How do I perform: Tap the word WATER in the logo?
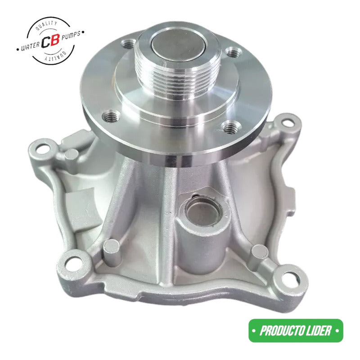pyautogui.click(x=30, y=46)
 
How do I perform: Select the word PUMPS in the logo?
pyautogui.click(x=71, y=35)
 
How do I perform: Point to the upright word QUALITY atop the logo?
pyautogui.click(x=47, y=25)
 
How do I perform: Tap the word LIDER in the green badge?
pyautogui.click(x=319, y=331)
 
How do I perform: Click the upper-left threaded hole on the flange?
pyautogui.click(x=129, y=44)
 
